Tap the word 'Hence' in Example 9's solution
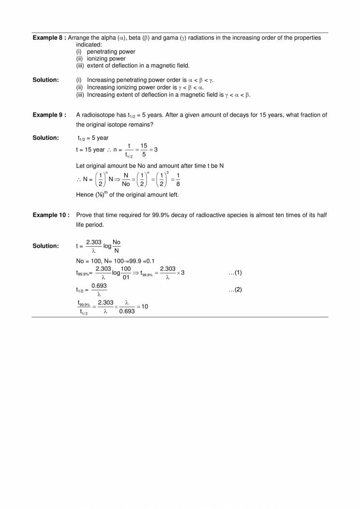(x=84, y=195)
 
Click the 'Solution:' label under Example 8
(x=45, y=80)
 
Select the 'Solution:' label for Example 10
(x=45, y=246)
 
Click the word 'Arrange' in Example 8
(x=79, y=38)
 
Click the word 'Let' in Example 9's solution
(x=81, y=166)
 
